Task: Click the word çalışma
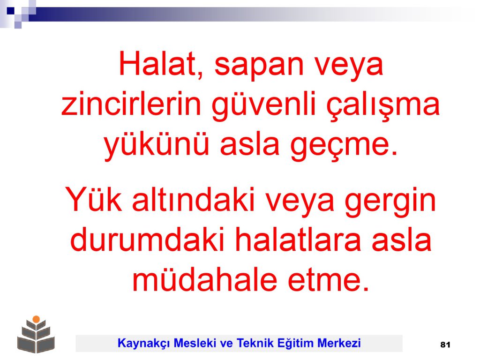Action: click(x=383, y=106)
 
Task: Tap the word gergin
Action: click(x=390, y=202)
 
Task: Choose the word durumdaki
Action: click(x=147, y=240)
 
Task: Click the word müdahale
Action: click(x=204, y=279)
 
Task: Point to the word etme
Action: click(x=328, y=280)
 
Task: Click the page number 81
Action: click(x=445, y=345)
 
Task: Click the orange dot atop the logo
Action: click(x=36, y=319)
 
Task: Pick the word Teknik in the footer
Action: click(x=255, y=343)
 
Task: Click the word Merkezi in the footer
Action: click(x=339, y=343)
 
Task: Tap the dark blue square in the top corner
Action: click(x=10, y=11)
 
